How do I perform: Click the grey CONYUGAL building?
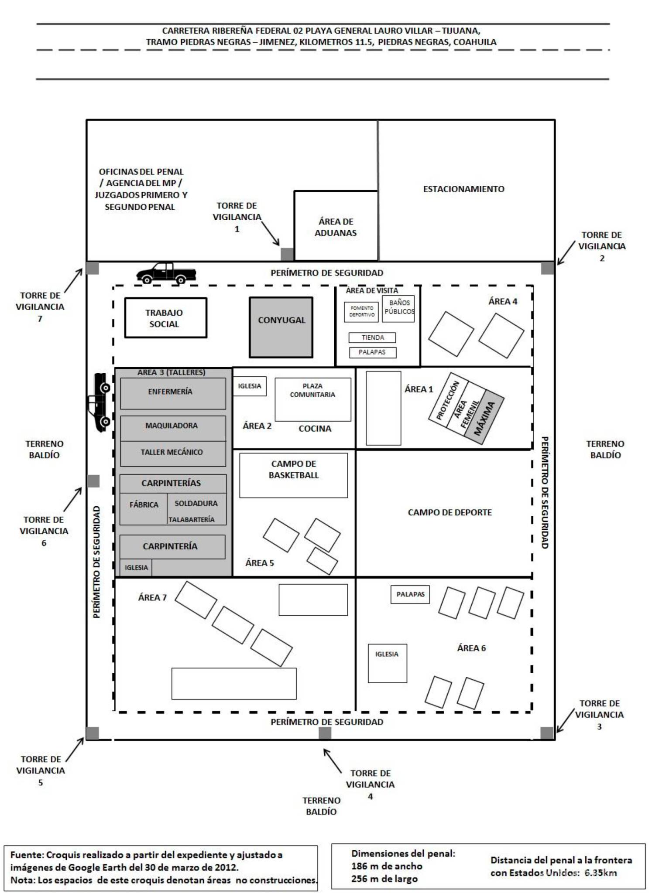[x=281, y=327]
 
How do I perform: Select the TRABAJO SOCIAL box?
[x=165, y=318]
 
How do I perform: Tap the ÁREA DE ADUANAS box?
[x=336, y=226]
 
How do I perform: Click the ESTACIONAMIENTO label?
[x=463, y=189]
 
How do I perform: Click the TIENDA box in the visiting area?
[x=372, y=337]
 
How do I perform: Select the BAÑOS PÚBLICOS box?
[x=398, y=309]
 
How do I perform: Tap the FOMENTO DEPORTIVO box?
[x=361, y=311]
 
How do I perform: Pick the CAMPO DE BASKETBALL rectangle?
[x=293, y=475]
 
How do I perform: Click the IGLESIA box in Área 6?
[x=387, y=663]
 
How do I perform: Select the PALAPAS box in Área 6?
[x=410, y=594]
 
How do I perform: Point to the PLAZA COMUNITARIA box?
[x=312, y=399]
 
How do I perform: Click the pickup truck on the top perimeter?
[x=166, y=273]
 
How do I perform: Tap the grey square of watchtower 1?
[x=287, y=254]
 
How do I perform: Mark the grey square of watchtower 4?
[x=325, y=733]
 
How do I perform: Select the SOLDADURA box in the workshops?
[x=196, y=503]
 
